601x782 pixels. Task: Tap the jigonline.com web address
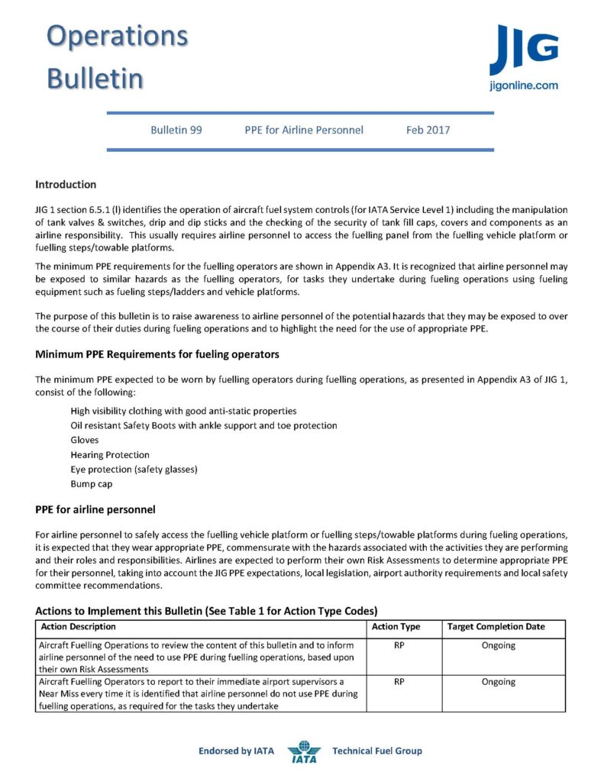coord(523,86)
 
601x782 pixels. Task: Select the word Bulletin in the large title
coord(95,78)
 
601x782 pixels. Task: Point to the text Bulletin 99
coord(176,130)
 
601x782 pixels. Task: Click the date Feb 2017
coord(428,130)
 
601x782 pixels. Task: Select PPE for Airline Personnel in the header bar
coord(304,130)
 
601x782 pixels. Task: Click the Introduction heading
coord(66,185)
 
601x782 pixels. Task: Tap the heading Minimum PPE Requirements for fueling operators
coord(157,354)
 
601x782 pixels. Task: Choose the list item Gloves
coord(84,441)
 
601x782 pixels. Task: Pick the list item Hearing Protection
coord(110,455)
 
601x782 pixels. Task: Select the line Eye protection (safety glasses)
coord(134,470)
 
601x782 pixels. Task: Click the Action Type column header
coord(396,627)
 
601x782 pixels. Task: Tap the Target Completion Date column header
coord(496,627)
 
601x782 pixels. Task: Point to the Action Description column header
coord(78,627)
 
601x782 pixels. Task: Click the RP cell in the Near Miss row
coord(399,682)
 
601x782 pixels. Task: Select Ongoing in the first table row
coord(498,645)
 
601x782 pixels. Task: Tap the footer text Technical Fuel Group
coord(376,751)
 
